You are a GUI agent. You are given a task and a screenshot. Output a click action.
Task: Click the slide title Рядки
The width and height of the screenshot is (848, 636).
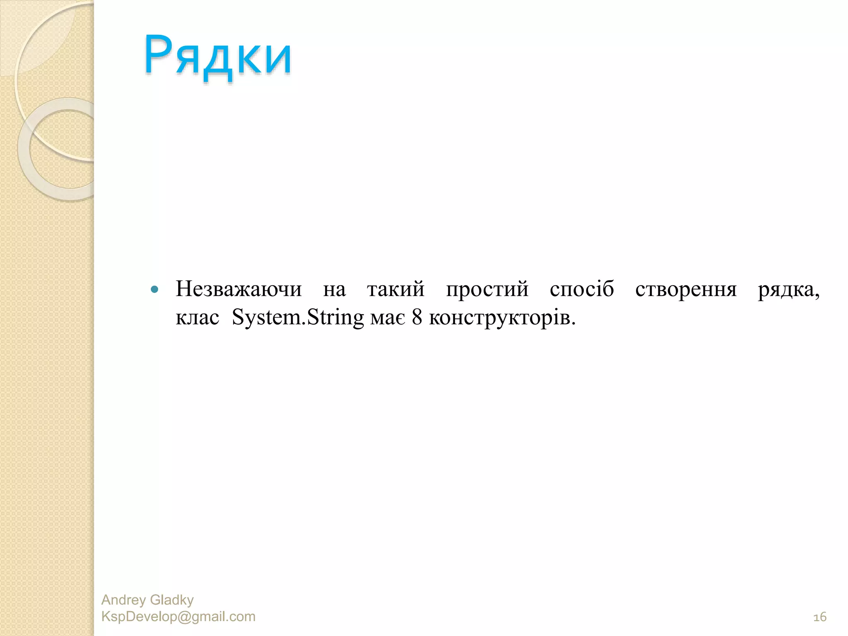point(218,56)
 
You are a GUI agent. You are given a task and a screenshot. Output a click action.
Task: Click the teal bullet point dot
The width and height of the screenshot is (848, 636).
point(154,289)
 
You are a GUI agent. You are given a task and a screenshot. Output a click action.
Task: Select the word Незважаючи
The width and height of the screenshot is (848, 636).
point(238,289)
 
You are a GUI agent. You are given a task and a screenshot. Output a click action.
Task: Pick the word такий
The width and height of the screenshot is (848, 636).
point(396,289)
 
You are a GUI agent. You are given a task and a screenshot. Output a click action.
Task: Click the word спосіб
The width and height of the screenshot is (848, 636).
point(582,289)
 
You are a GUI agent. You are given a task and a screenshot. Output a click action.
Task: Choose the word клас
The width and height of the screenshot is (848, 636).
point(198,318)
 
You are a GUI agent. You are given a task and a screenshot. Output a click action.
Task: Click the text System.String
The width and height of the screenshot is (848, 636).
point(298,318)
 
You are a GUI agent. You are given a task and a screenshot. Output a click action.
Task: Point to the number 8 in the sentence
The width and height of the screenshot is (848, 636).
point(417,318)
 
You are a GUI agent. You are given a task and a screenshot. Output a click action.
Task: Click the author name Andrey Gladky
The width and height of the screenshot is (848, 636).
point(147,600)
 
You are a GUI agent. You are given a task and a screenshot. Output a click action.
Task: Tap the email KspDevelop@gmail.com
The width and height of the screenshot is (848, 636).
point(178,617)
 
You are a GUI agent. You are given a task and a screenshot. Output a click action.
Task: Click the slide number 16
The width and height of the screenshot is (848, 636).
point(819,617)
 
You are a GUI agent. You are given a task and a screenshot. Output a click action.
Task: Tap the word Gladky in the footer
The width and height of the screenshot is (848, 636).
point(171,600)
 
